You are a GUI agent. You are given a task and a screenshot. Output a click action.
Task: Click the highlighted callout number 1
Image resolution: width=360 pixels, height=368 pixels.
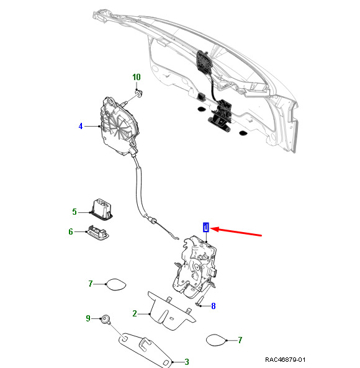(206, 227)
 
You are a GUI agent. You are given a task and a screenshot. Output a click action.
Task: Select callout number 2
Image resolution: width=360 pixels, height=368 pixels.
(135, 313)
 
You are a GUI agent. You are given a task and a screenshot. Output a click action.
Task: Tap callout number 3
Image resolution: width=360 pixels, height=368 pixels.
(187, 362)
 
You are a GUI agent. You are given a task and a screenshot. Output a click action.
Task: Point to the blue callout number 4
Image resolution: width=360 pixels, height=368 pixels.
(81, 126)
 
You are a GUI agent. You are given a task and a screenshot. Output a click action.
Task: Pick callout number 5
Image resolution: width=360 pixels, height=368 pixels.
(74, 212)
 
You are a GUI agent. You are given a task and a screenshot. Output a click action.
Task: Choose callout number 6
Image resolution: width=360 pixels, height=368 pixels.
(71, 231)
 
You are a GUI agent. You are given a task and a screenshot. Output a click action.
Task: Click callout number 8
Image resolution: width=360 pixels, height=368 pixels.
(214, 306)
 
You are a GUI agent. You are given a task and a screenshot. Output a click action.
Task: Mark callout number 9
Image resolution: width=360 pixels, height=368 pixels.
(88, 318)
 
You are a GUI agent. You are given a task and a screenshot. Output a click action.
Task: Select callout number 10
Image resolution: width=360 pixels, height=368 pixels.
(137, 77)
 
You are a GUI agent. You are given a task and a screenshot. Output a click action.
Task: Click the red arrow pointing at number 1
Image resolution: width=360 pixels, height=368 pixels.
(236, 232)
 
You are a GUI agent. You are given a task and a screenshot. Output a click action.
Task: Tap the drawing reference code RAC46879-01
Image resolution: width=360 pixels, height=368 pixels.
(285, 359)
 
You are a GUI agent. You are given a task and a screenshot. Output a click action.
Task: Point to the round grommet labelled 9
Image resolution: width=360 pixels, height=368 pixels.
(106, 319)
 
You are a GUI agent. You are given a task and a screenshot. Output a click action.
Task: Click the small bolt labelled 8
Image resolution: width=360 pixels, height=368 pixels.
(201, 302)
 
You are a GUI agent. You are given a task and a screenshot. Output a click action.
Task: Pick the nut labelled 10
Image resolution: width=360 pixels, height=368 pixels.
(138, 93)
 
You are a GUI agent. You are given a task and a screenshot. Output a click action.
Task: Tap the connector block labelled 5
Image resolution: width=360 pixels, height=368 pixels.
(101, 209)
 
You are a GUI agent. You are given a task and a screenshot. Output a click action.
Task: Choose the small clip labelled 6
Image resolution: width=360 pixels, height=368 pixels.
(97, 233)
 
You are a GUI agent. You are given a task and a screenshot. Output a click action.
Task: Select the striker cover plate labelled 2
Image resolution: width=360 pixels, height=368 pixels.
(171, 311)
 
